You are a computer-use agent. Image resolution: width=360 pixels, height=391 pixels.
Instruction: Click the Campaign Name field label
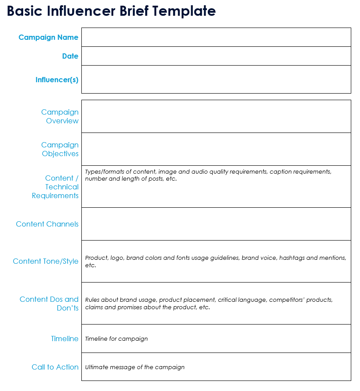point(48,37)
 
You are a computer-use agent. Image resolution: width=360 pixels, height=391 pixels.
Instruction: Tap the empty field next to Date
point(216,56)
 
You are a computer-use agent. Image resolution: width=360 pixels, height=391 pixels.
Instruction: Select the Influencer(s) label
point(57,80)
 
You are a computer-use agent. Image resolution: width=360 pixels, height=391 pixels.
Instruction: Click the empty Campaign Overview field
point(216,116)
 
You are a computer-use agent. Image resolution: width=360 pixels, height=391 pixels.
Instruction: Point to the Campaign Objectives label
point(60,149)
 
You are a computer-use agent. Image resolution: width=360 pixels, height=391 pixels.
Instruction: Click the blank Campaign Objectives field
point(216,149)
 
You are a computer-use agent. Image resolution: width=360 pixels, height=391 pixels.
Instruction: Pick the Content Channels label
point(47,224)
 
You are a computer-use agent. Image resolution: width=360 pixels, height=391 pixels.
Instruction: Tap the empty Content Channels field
point(216,224)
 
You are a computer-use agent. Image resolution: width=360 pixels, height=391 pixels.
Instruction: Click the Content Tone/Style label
point(45,261)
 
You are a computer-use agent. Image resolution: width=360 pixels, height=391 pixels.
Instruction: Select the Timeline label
point(65,339)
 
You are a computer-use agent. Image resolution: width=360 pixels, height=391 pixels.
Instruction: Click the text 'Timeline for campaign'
point(116,339)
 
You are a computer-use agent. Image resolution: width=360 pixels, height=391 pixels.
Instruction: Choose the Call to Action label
point(55,367)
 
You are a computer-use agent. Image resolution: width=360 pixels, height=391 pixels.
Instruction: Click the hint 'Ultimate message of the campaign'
point(135,367)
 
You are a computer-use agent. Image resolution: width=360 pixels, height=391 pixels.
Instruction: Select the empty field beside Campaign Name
point(216,37)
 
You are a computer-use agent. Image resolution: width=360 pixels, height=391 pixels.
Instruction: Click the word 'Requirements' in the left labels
point(55,195)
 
